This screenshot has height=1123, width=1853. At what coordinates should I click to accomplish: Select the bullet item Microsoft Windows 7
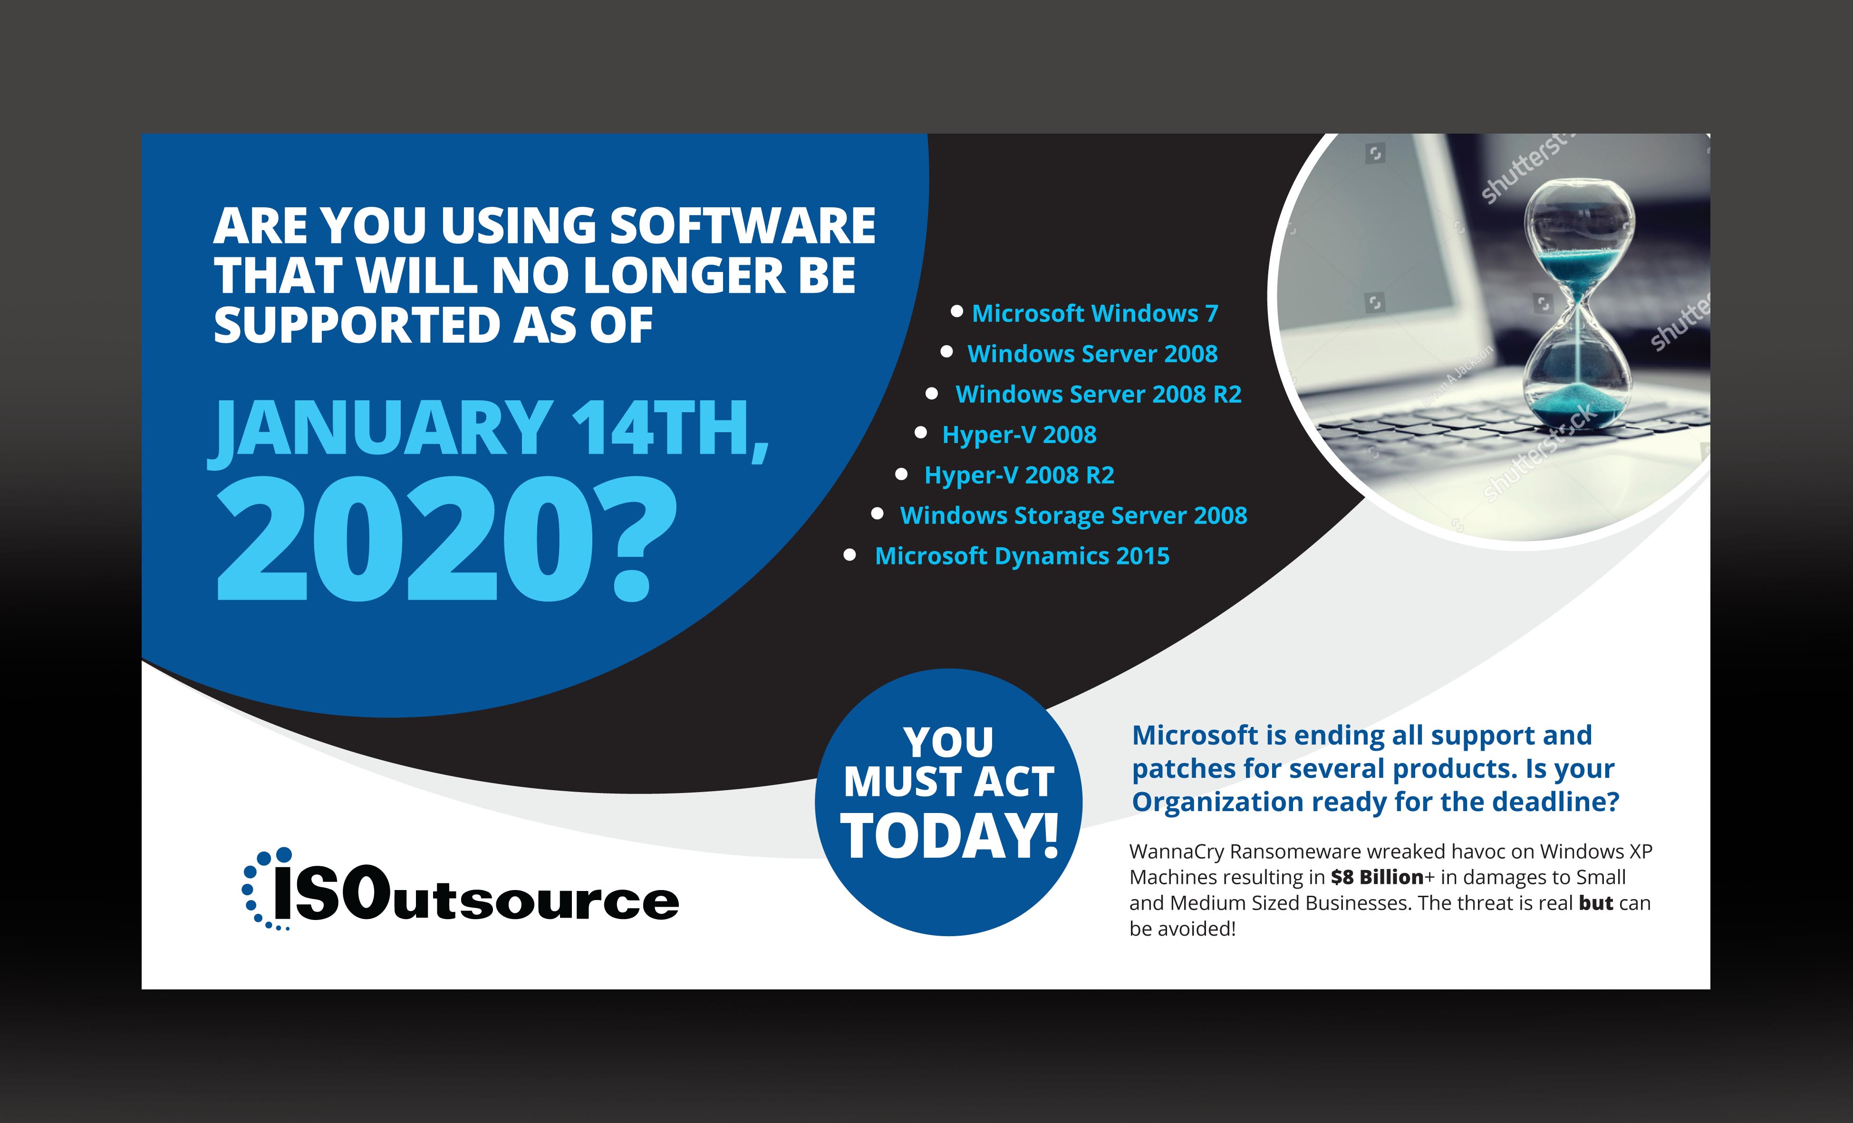point(1094,314)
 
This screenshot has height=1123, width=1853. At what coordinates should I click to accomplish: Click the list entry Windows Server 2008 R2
point(1098,394)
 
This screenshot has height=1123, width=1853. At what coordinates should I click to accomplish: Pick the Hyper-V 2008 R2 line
point(1019,475)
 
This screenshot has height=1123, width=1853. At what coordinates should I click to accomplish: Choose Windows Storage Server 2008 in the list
point(1073,516)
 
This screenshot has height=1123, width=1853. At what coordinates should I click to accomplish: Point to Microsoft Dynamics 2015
point(1022,557)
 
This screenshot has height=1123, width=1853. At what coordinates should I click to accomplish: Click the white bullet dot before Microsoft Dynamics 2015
point(850,556)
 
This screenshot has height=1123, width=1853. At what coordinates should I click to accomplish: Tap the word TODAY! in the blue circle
point(949,836)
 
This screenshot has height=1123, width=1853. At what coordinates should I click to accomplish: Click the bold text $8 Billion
point(1376,878)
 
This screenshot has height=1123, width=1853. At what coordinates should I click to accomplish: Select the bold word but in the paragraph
point(1596,903)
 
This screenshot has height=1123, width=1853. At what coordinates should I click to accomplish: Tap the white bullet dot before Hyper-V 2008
point(920,433)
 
